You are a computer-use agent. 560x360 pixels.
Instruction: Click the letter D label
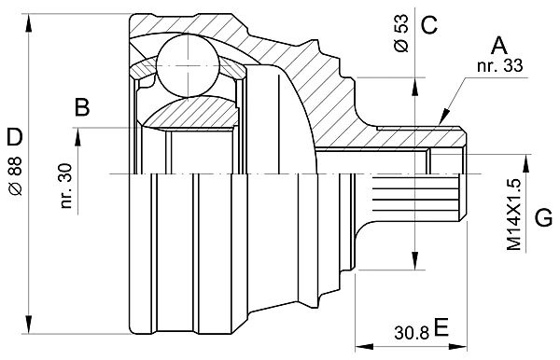click(x=15, y=137)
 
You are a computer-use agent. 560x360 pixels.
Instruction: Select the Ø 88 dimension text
click(x=16, y=175)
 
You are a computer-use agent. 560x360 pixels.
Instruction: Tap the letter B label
click(x=82, y=107)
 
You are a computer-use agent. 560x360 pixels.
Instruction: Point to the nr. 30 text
click(x=66, y=186)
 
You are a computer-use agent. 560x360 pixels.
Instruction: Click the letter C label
click(x=429, y=24)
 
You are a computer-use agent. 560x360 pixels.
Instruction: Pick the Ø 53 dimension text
click(x=401, y=33)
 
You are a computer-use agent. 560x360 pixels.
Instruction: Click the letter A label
click(x=499, y=46)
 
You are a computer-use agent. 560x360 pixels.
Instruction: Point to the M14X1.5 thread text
click(x=514, y=215)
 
